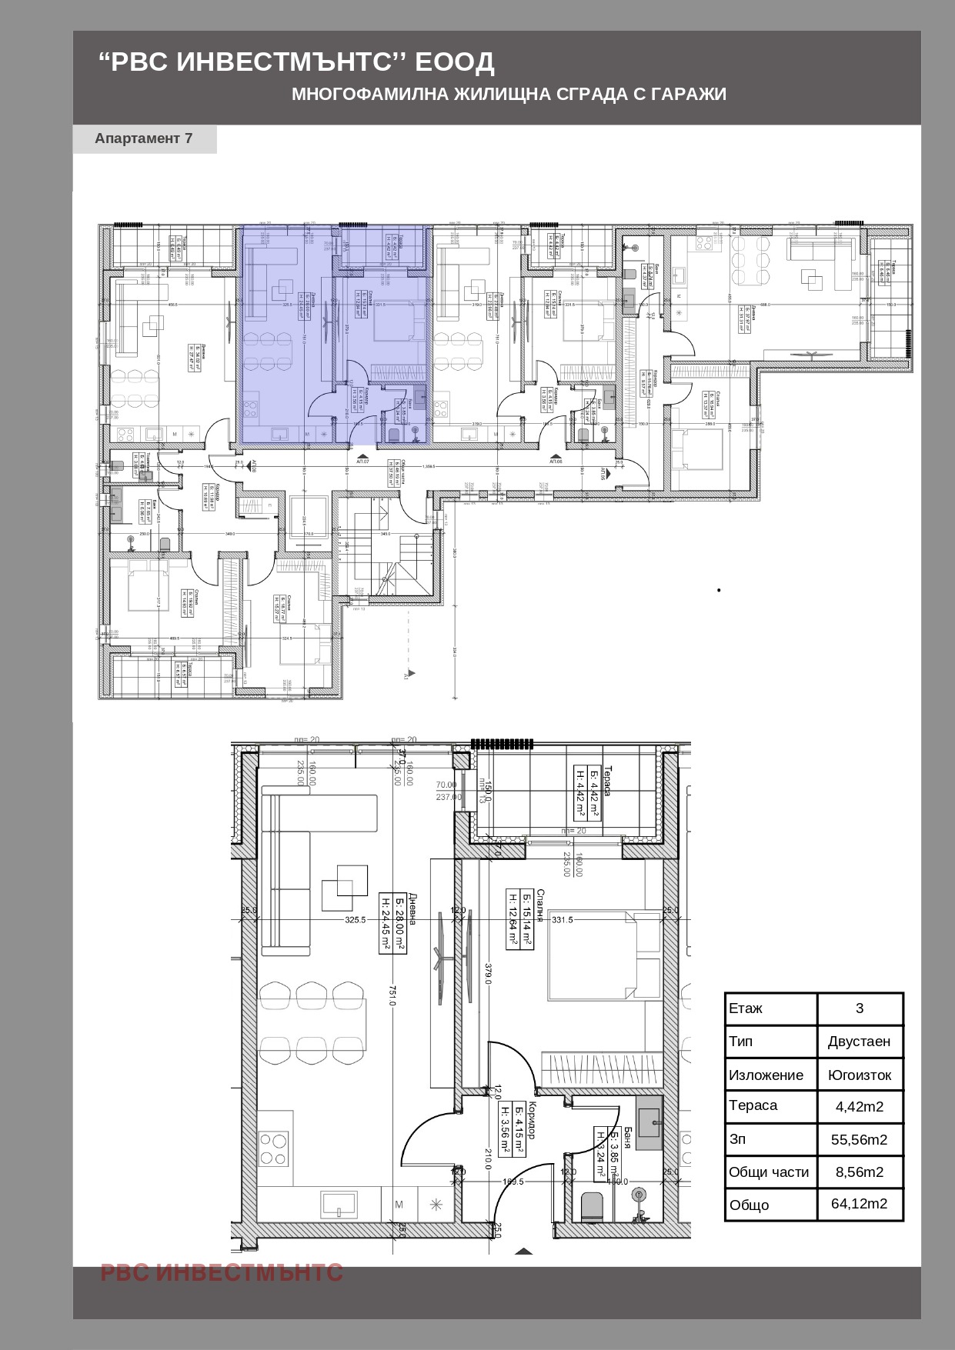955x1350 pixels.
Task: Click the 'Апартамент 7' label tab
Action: click(144, 138)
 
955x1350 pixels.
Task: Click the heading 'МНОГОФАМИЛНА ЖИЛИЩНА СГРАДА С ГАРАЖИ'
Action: click(509, 94)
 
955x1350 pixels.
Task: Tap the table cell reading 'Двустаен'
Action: click(859, 1042)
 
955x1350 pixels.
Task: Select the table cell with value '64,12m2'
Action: click(859, 1204)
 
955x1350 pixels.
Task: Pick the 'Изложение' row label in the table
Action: click(766, 1075)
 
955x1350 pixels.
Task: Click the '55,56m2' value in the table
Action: click(859, 1140)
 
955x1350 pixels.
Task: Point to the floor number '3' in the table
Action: click(859, 1008)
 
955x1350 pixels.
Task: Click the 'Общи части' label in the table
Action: click(769, 1172)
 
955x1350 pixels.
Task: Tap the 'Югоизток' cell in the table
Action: click(859, 1075)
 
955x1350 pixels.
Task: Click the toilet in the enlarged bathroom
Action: click(593, 1206)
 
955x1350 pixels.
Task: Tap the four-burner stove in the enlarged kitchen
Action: click(275, 1149)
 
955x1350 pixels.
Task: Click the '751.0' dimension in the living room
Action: click(392, 995)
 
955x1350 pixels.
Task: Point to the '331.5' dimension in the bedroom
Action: click(563, 920)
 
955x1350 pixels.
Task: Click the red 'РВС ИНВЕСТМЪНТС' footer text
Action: click(222, 1272)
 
